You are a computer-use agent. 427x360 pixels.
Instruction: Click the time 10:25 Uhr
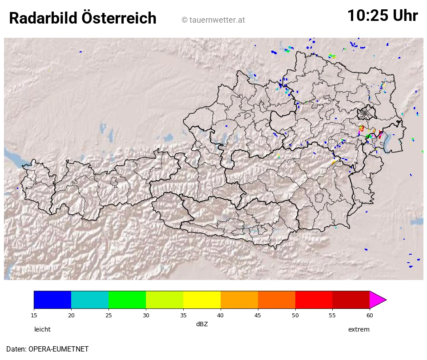tap(382, 16)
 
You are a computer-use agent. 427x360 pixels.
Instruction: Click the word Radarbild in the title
tap(43, 19)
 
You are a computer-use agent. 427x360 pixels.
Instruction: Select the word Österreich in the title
tap(119, 19)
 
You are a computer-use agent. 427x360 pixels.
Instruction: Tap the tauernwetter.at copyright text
tap(213, 20)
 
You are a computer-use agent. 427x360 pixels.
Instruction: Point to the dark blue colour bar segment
tap(52, 300)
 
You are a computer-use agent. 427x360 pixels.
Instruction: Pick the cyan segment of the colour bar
tap(90, 300)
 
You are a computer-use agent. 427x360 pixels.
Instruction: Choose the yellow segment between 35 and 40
tap(202, 300)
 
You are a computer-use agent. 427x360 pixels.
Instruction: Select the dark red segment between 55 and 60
tap(351, 300)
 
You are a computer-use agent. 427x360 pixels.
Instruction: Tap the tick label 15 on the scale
tap(34, 316)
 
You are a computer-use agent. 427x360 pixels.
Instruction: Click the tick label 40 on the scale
tap(221, 316)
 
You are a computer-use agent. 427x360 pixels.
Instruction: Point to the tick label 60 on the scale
tap(370, 316)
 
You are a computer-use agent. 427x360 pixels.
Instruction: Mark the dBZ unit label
tap(202, 324)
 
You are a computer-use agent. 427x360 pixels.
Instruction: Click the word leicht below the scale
tap(42, 329)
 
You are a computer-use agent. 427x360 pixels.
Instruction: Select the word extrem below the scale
tap(359, 329)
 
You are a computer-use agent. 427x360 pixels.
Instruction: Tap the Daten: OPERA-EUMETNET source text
tap(47, 349)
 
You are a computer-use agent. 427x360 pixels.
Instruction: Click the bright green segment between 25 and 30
tap(127, 300)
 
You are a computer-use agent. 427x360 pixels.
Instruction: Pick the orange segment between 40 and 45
tap(239, 300)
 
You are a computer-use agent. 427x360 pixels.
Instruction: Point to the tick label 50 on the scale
tap(295, 316)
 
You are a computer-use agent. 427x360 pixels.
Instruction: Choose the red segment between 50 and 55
tap(314, 300)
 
